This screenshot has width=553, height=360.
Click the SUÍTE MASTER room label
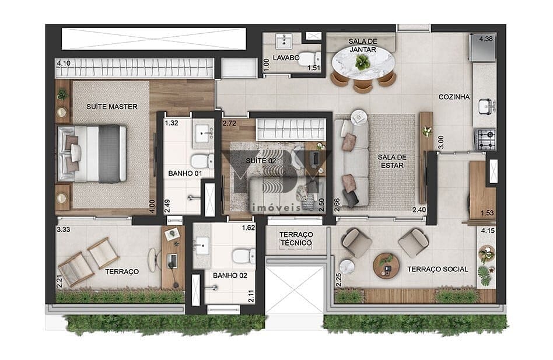pyautogui.click(x=112, y=107)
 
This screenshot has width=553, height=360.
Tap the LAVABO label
pyautogui.click(x=286, y=58)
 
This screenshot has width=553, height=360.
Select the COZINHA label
pyautogui.click(x=454, y=97)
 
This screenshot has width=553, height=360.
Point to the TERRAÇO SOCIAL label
pyautogui.click(x=437, y=269)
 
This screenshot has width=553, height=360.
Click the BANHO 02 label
pyautogui.click(x=230, y=275)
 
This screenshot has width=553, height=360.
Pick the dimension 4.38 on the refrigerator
pyautogui.click(x=486, y=39)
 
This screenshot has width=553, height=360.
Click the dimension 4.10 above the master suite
pyautogui.click(x=64, y=63)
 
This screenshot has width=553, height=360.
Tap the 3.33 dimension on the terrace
pyautogui.click(x=64, y=229)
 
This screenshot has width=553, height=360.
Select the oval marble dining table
pyautogui.click(x=363, y=63)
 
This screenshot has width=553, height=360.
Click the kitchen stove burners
pyautogui.click(x=486, y=139)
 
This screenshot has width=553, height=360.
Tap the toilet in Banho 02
pyautogui.click(x=244, y=256)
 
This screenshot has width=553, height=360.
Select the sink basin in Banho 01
pyautogui.click(x=204, y=133)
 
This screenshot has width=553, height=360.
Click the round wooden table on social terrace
pyautogui.click(x=386, y=265)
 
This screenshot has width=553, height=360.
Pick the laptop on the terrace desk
pyautogui.click(x=172, y=260)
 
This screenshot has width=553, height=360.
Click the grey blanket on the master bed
pyautogui.click(x=109, y=153)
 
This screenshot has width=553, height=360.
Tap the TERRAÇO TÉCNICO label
pyautogui.click(x=296, y=239)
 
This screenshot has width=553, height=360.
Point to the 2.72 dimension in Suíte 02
pyautogui.click(x=229, y=124)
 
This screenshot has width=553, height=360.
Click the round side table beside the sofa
pyautogui.click(x=359, y=116)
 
